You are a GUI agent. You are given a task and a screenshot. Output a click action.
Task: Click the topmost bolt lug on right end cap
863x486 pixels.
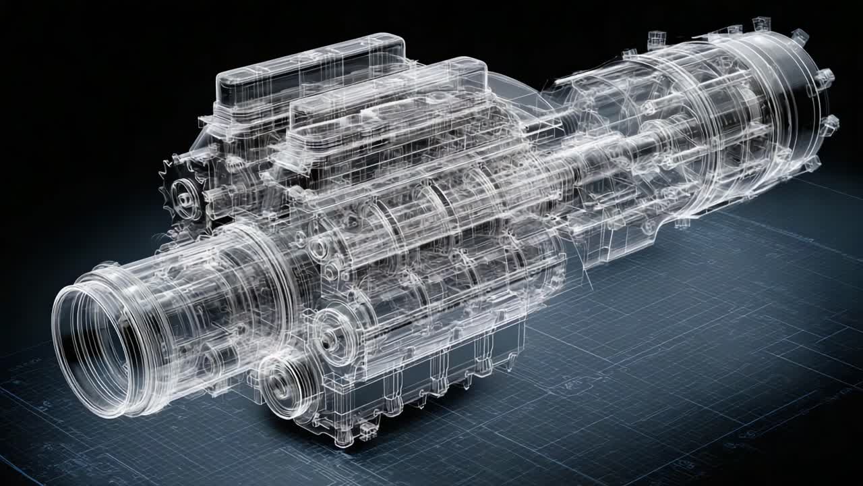point(800,36)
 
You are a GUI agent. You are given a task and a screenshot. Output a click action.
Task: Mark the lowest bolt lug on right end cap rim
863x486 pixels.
point(813,163)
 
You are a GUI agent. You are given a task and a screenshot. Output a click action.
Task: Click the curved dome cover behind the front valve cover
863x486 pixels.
point(519,94)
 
